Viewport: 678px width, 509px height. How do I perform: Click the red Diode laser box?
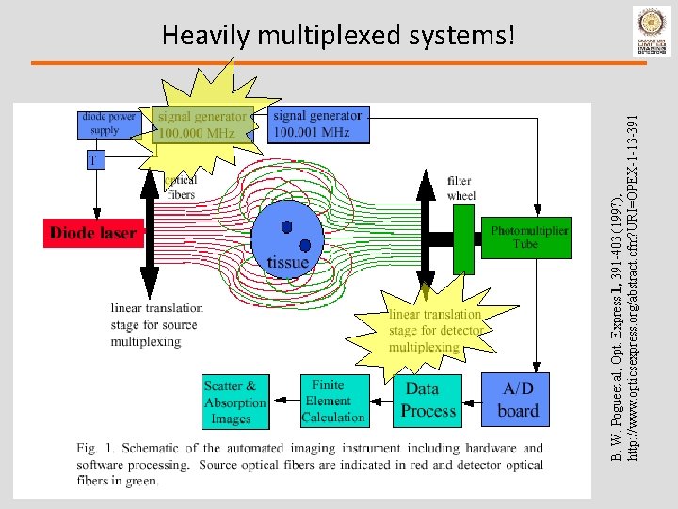click(93, 233)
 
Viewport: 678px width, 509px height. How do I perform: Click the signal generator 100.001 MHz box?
click(316, 124)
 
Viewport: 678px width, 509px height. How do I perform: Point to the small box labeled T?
click(92, 161)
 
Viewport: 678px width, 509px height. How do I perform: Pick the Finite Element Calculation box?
click(332, 401)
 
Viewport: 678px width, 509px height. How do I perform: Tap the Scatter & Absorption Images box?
click(234, 402)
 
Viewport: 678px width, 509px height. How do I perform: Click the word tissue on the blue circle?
click(287, 262)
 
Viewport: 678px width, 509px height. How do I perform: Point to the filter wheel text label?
click(461, 188)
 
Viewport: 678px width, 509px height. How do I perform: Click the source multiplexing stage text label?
click(156, 324)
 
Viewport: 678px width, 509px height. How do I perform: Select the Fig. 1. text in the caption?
click(88, 448)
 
